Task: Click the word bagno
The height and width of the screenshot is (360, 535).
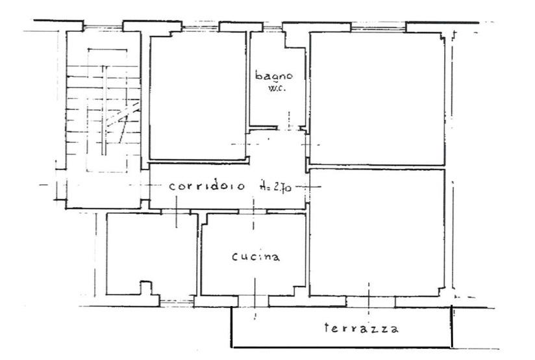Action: coord(274,76)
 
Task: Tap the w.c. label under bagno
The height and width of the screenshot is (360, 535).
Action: coord(277,88)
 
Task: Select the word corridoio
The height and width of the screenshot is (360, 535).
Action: coord(207,186)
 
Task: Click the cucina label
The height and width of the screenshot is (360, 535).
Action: coord(256,257)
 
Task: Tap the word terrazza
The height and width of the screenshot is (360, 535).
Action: coord(361,328)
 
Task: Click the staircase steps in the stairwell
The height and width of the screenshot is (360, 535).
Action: coord(103,110)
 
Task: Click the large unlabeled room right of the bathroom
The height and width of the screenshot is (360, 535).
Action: coord(377,98)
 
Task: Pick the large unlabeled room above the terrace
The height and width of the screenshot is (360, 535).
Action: coord(377,233)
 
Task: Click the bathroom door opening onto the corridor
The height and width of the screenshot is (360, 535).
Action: coord(288,128)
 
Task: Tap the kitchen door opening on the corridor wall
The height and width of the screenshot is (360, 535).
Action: coord(253,212)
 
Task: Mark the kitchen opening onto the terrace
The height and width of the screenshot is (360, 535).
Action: coord(253,302)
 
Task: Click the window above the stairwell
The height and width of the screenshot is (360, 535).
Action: coord(103,26)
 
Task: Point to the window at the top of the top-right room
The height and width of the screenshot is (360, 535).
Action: coord(378,27)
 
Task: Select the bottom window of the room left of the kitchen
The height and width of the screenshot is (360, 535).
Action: coord(177,302)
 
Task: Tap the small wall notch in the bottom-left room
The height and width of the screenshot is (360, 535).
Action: coord(145,288)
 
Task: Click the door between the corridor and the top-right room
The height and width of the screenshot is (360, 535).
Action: coord(307,145)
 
